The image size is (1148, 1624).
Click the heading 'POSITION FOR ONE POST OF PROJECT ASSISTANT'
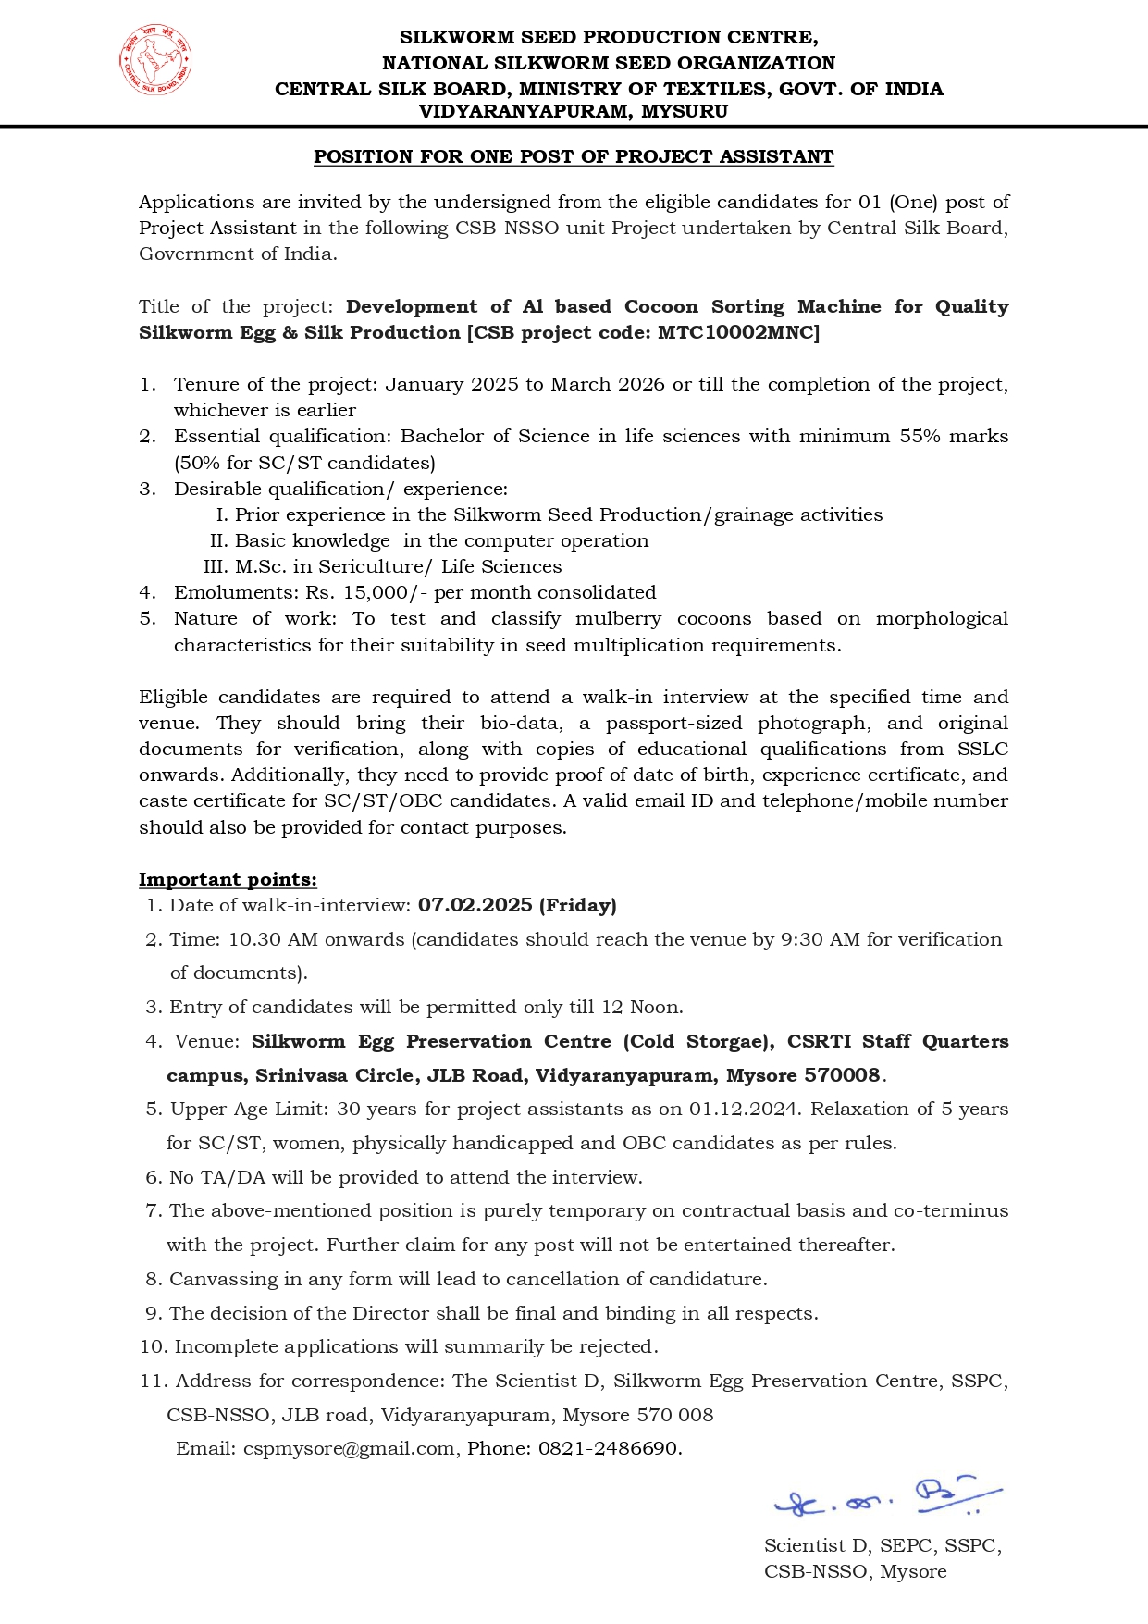coord(574,156)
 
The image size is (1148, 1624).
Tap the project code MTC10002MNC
coord(737,332)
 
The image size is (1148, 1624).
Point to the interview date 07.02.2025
coord(475,905)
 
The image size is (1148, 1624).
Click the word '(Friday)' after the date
coord(578,905)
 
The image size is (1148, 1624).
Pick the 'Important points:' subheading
coord(228,879)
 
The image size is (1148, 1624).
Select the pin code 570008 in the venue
coord(842,1075)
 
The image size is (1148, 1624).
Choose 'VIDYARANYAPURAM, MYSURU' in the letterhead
coord(574,111)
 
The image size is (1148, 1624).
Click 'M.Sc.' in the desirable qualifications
coord(261,566)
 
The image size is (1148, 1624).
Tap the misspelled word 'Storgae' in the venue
coord(727,1041)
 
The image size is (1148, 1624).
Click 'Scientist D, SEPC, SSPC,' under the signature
coord(883,1545)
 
